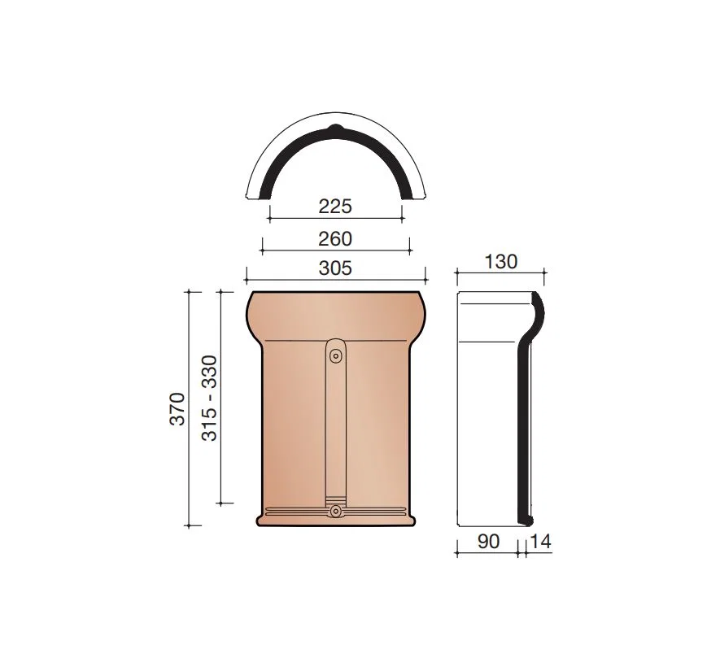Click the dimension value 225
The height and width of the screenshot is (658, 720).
point(335,207)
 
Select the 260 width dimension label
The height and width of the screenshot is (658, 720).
point(335,239)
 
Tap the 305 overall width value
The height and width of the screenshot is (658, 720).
point(335,268)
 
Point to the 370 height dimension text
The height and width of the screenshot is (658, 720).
point(177,409)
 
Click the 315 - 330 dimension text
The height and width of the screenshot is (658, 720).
point(209,398)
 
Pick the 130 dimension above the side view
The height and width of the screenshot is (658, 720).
point(501,262)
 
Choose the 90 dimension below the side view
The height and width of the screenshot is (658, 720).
point(489,542)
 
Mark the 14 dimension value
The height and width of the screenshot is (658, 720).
point(540,542)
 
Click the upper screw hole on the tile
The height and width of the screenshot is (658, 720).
point(336,355)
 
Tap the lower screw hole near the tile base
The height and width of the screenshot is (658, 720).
point(336,511)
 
